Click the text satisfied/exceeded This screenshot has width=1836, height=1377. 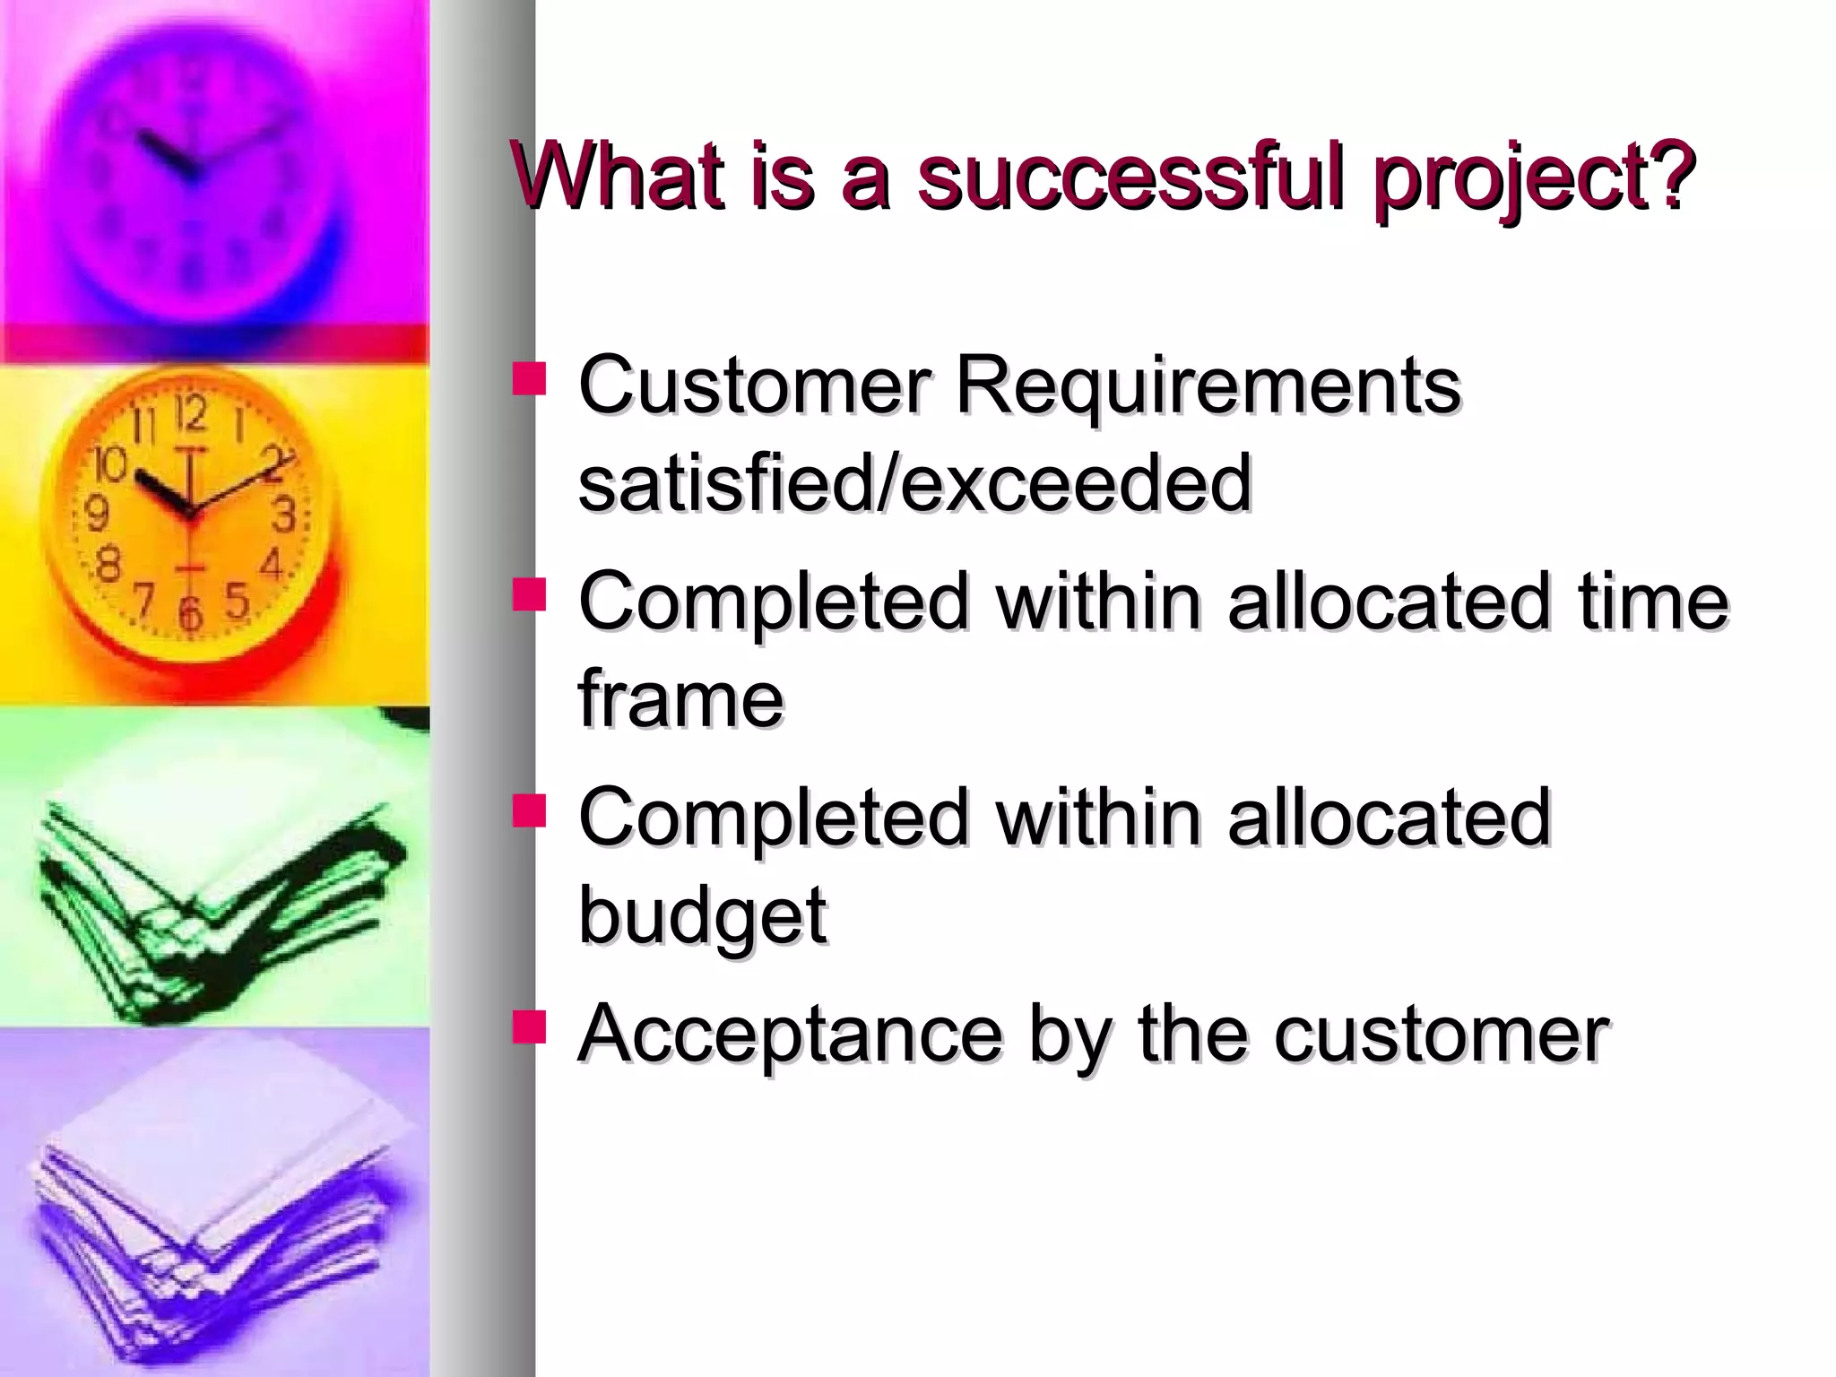(914, 484)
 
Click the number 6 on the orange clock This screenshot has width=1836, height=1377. (189, 614)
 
